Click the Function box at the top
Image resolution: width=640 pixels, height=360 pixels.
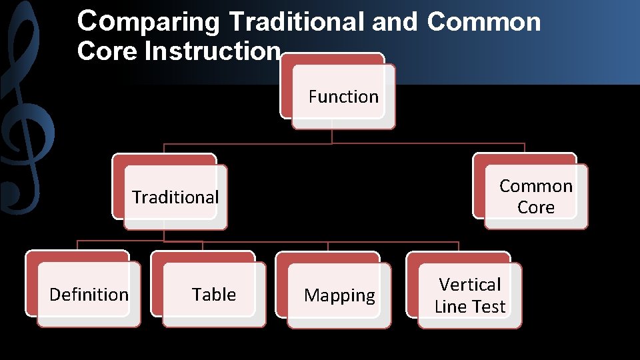coord(343,97)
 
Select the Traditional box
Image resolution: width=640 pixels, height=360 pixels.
coord(175,197)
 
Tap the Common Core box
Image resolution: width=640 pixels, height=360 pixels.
coord(536,196)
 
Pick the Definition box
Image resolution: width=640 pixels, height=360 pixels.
coord(89,294)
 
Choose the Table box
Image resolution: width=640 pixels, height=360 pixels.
coord(214,294)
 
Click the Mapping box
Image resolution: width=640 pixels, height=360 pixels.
coord(339,295)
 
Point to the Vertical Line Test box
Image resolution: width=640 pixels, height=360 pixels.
coord(470,295)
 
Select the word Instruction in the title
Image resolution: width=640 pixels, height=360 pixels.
coord(213,51)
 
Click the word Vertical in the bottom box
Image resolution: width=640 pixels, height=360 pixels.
coord(470,285)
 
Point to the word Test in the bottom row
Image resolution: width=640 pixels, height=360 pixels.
coord(489,307)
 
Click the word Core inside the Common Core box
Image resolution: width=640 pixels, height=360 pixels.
coord(536,207)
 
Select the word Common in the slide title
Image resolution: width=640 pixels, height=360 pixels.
coord(483,22)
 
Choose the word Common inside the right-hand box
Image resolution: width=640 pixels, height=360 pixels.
coord(536,186)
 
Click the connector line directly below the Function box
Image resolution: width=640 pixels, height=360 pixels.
coord(332,136)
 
